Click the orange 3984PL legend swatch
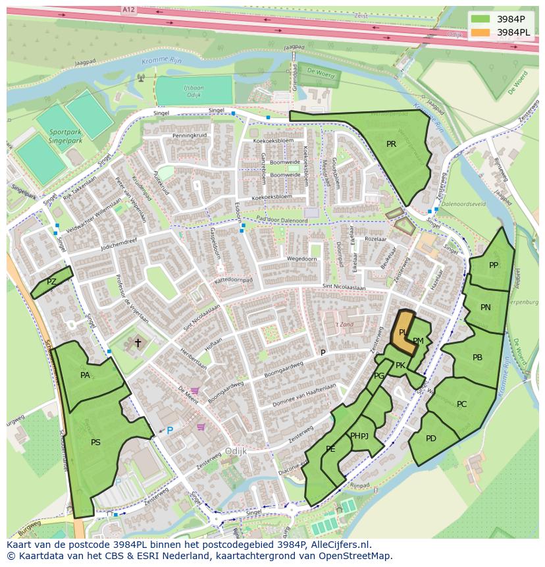(x=480, y=32)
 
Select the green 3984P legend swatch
(x=480, y=18)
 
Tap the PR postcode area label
(x=391, y=144)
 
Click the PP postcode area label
(x=494, y=265)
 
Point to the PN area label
(x=486, y=308)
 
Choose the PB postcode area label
(x=478, y=358)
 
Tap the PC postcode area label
(x=461, y=404)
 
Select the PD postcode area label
(x=431, y=439)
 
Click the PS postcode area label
(x=95, y=443)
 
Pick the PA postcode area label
(x=85, y=375)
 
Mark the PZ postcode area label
(x=51, y=282)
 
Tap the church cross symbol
(x=138, y=342)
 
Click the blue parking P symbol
(x=169, y=431)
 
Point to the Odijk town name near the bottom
(x=235, y=451)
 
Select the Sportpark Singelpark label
(x=65, y=136)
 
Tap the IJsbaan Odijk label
(x=194, y=91)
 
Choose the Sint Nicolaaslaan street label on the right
(x=344, y=287)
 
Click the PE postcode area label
(x=330, y=449)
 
